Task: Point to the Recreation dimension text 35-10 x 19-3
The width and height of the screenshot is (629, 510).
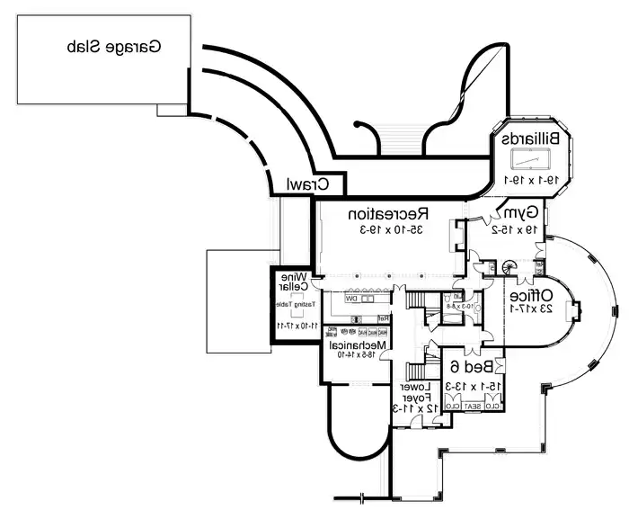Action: (x=388, y=230)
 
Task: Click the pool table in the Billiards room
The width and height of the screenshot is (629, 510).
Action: (x=531, y=160)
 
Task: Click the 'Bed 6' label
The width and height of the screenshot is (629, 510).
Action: (x=469, y=367)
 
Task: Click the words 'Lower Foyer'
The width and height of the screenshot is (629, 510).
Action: (x=417, y=392)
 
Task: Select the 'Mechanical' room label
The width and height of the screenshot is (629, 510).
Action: (x=357, y=344)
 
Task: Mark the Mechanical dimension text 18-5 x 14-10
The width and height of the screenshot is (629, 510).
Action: (x=357, y=356)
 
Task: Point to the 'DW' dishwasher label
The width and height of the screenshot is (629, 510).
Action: (x=354, y=298)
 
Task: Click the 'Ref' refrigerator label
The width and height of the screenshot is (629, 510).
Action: (x=382, y=318)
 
